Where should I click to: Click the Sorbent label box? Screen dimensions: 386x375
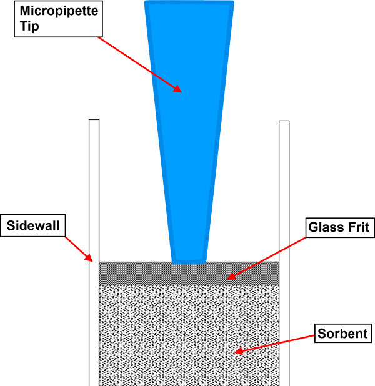342,333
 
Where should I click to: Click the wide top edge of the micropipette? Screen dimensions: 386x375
189,4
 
